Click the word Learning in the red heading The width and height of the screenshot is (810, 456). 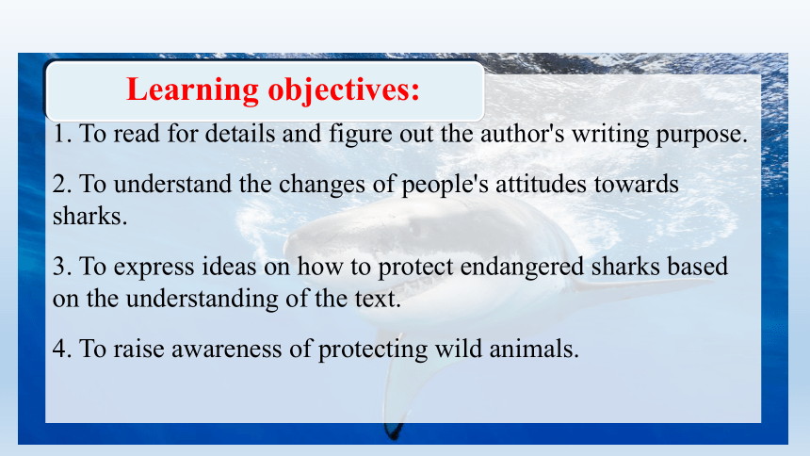[x=192, y=90]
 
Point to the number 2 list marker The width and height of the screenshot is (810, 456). [x=62, y=184]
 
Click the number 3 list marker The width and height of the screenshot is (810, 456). [x=62, y=267]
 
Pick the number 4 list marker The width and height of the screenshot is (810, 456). [x=62, y=349]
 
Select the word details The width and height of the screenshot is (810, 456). [x=239, y=134]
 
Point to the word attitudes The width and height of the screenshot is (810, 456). [x=541, y=184]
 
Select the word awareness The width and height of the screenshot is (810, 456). [x=227, y=350]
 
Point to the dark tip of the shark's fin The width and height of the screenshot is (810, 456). [x=394, y=431]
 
